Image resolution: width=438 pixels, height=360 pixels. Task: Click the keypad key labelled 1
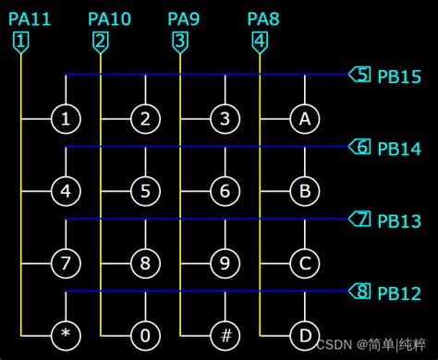pyautogui.click(x=66, y=118)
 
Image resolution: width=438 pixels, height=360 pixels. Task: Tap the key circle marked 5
pyautogui.click(x=145, y=191)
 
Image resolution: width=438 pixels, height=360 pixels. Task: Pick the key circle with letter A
pyautogui.click(x=305, y=118)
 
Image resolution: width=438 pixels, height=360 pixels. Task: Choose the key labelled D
pyautogui.click(x=305, y=332)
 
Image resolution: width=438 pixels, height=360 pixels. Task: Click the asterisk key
pyautogui.click(x=66, y=332)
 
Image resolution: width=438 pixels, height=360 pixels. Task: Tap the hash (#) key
pyautogui.click(x=225, y=332)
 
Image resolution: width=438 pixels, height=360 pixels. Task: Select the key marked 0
pyautogui.click(x=145, y=332)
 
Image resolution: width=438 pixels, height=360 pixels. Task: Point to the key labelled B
pyautogui.click(x=305, y=191)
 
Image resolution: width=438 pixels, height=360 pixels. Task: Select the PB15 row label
pyautogui.click(x=398, y=75)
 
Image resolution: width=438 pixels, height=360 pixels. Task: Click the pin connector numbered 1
pyautogui.click(x=21, y=42)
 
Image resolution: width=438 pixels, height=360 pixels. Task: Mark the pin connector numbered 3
pyautogui.click(x=180, y=42)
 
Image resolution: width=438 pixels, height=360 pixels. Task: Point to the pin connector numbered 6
pyautogui.click(x=361, y=146)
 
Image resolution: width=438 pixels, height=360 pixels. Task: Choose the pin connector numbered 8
pyautogui.click(x=361, y=293)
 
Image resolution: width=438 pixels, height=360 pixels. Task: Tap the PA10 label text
pyautogui.click(x=110, y=18)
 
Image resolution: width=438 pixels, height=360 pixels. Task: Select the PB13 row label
pyautogui.click(x=398, y=221)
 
